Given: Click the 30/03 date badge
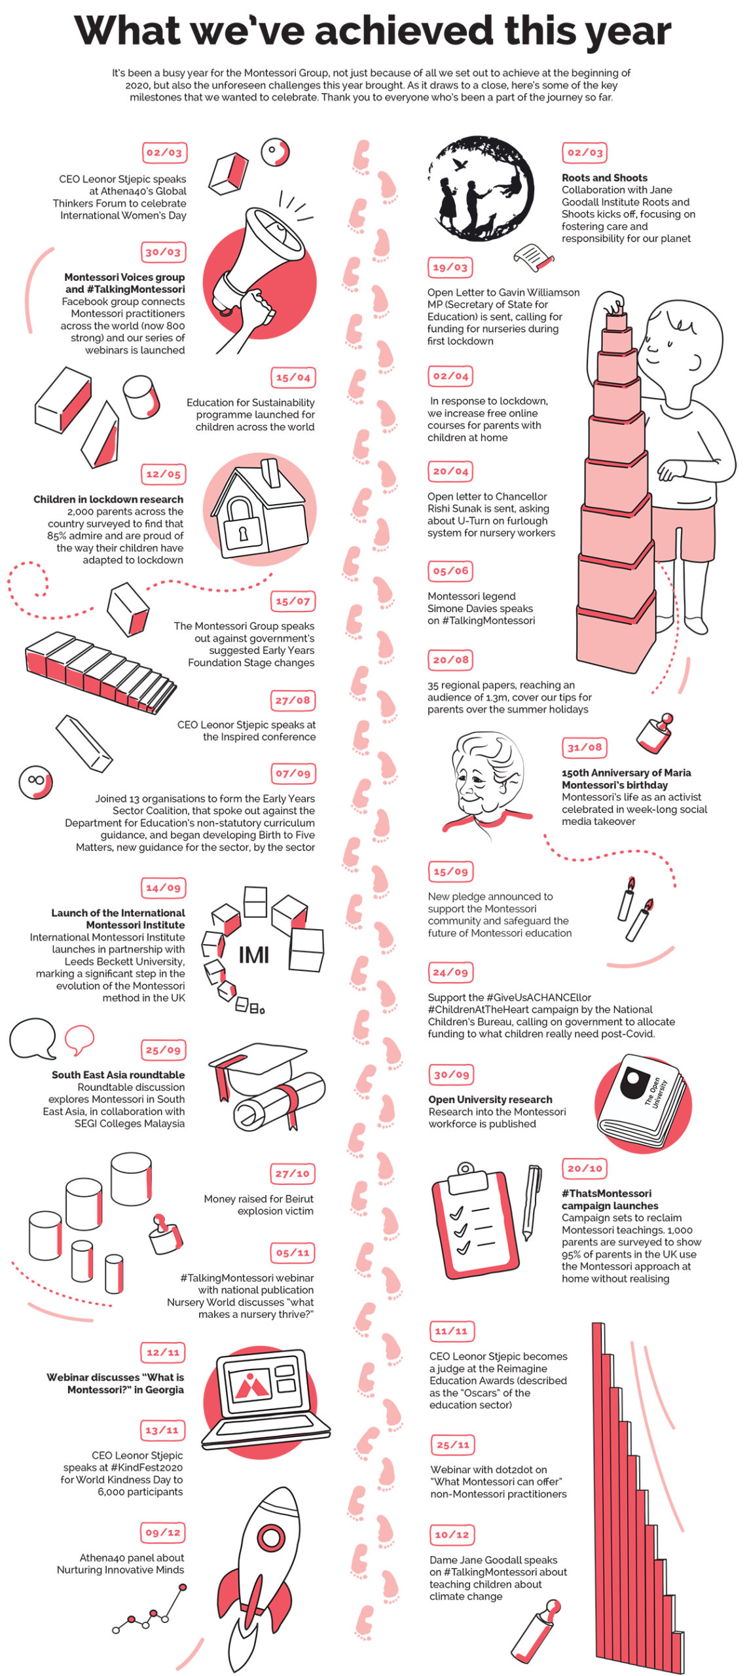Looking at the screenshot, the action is [163, 252].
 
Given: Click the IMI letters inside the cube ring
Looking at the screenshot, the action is [254, 955].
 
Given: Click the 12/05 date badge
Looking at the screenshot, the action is [163, 474].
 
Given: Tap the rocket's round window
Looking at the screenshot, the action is [270, 1535].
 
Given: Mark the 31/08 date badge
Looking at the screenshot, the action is [584, 747].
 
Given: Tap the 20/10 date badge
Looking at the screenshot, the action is [584, 1168].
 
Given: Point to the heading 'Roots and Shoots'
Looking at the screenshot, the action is [604, 177].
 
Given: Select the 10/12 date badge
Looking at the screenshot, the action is [452, 1535].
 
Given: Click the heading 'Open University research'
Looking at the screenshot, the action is [490, 1099].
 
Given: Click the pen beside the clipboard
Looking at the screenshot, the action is [532, 1202].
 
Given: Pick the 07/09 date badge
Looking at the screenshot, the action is [293, 773].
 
